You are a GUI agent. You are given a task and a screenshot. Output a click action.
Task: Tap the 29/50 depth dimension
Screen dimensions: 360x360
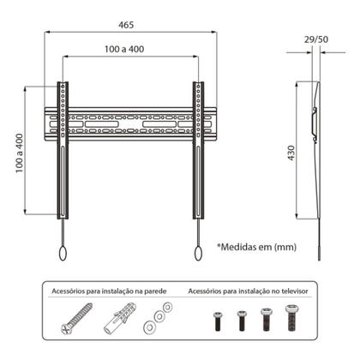(x=316, y=40)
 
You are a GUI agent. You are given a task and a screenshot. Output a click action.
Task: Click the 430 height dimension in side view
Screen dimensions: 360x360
(x=292, y=153)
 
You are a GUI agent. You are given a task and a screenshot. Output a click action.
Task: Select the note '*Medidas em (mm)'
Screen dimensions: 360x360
(x=256, y=246)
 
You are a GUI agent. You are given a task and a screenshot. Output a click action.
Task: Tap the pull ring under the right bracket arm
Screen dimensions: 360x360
(x=197, y=253)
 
